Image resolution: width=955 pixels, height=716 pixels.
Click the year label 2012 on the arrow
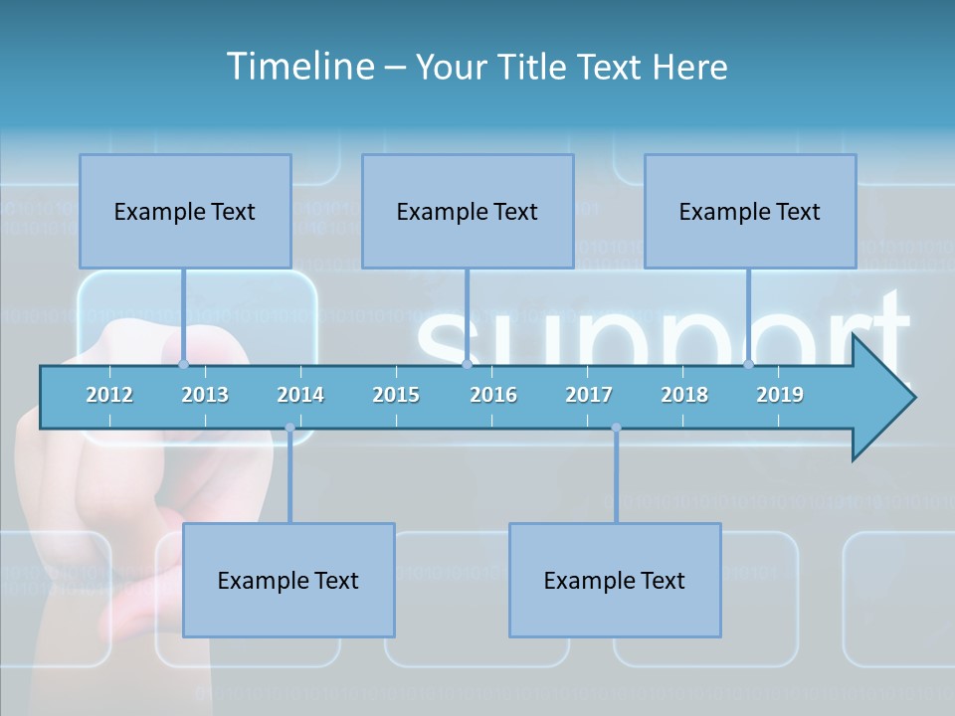pyautogui.click(x=109, y=395)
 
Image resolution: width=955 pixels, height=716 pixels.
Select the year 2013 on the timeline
pyautogui.click(x=205, y=395)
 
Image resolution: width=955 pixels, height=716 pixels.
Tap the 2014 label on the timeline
pyautogui.click(x=300, y=395)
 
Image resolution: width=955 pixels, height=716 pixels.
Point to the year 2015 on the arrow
pyautogui.click(x=396, y=395)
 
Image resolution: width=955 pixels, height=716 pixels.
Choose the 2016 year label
pyautogui.click(x=493, y=395)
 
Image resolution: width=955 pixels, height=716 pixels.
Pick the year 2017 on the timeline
pyautogui.click(x=589, y=395)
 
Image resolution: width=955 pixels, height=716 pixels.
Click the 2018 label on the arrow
pyautogui.click(x=684, y=395)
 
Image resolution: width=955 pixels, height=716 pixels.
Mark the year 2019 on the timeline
pyautogui.click(x=780, y=395)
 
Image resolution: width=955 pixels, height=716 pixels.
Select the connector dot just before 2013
pyautogui.click(x=183, y=365)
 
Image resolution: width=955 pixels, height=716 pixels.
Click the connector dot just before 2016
pyautogui.click(x=467, y=365)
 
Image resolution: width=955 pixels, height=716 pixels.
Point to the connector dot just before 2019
pyautogui.click(x=748, y=365)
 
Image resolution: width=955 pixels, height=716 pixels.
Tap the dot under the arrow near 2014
pyautogui.click(x=289, y=428)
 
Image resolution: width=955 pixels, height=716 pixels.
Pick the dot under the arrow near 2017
pyautogui.click(x=616, y=428)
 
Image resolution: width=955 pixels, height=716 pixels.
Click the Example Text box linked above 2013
pyautogui.click(x=185, y=211)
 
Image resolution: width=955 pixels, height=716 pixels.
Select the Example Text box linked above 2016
pyautogui.click(x=468, y=211)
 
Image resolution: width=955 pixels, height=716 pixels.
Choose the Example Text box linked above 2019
pyautogui.click(x=750, y=211)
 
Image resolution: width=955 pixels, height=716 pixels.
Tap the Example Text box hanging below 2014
pyautogui.click(x=288, y=580)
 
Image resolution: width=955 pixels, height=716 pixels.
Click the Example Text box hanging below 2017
pyautogui.click(x=615, y=580)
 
